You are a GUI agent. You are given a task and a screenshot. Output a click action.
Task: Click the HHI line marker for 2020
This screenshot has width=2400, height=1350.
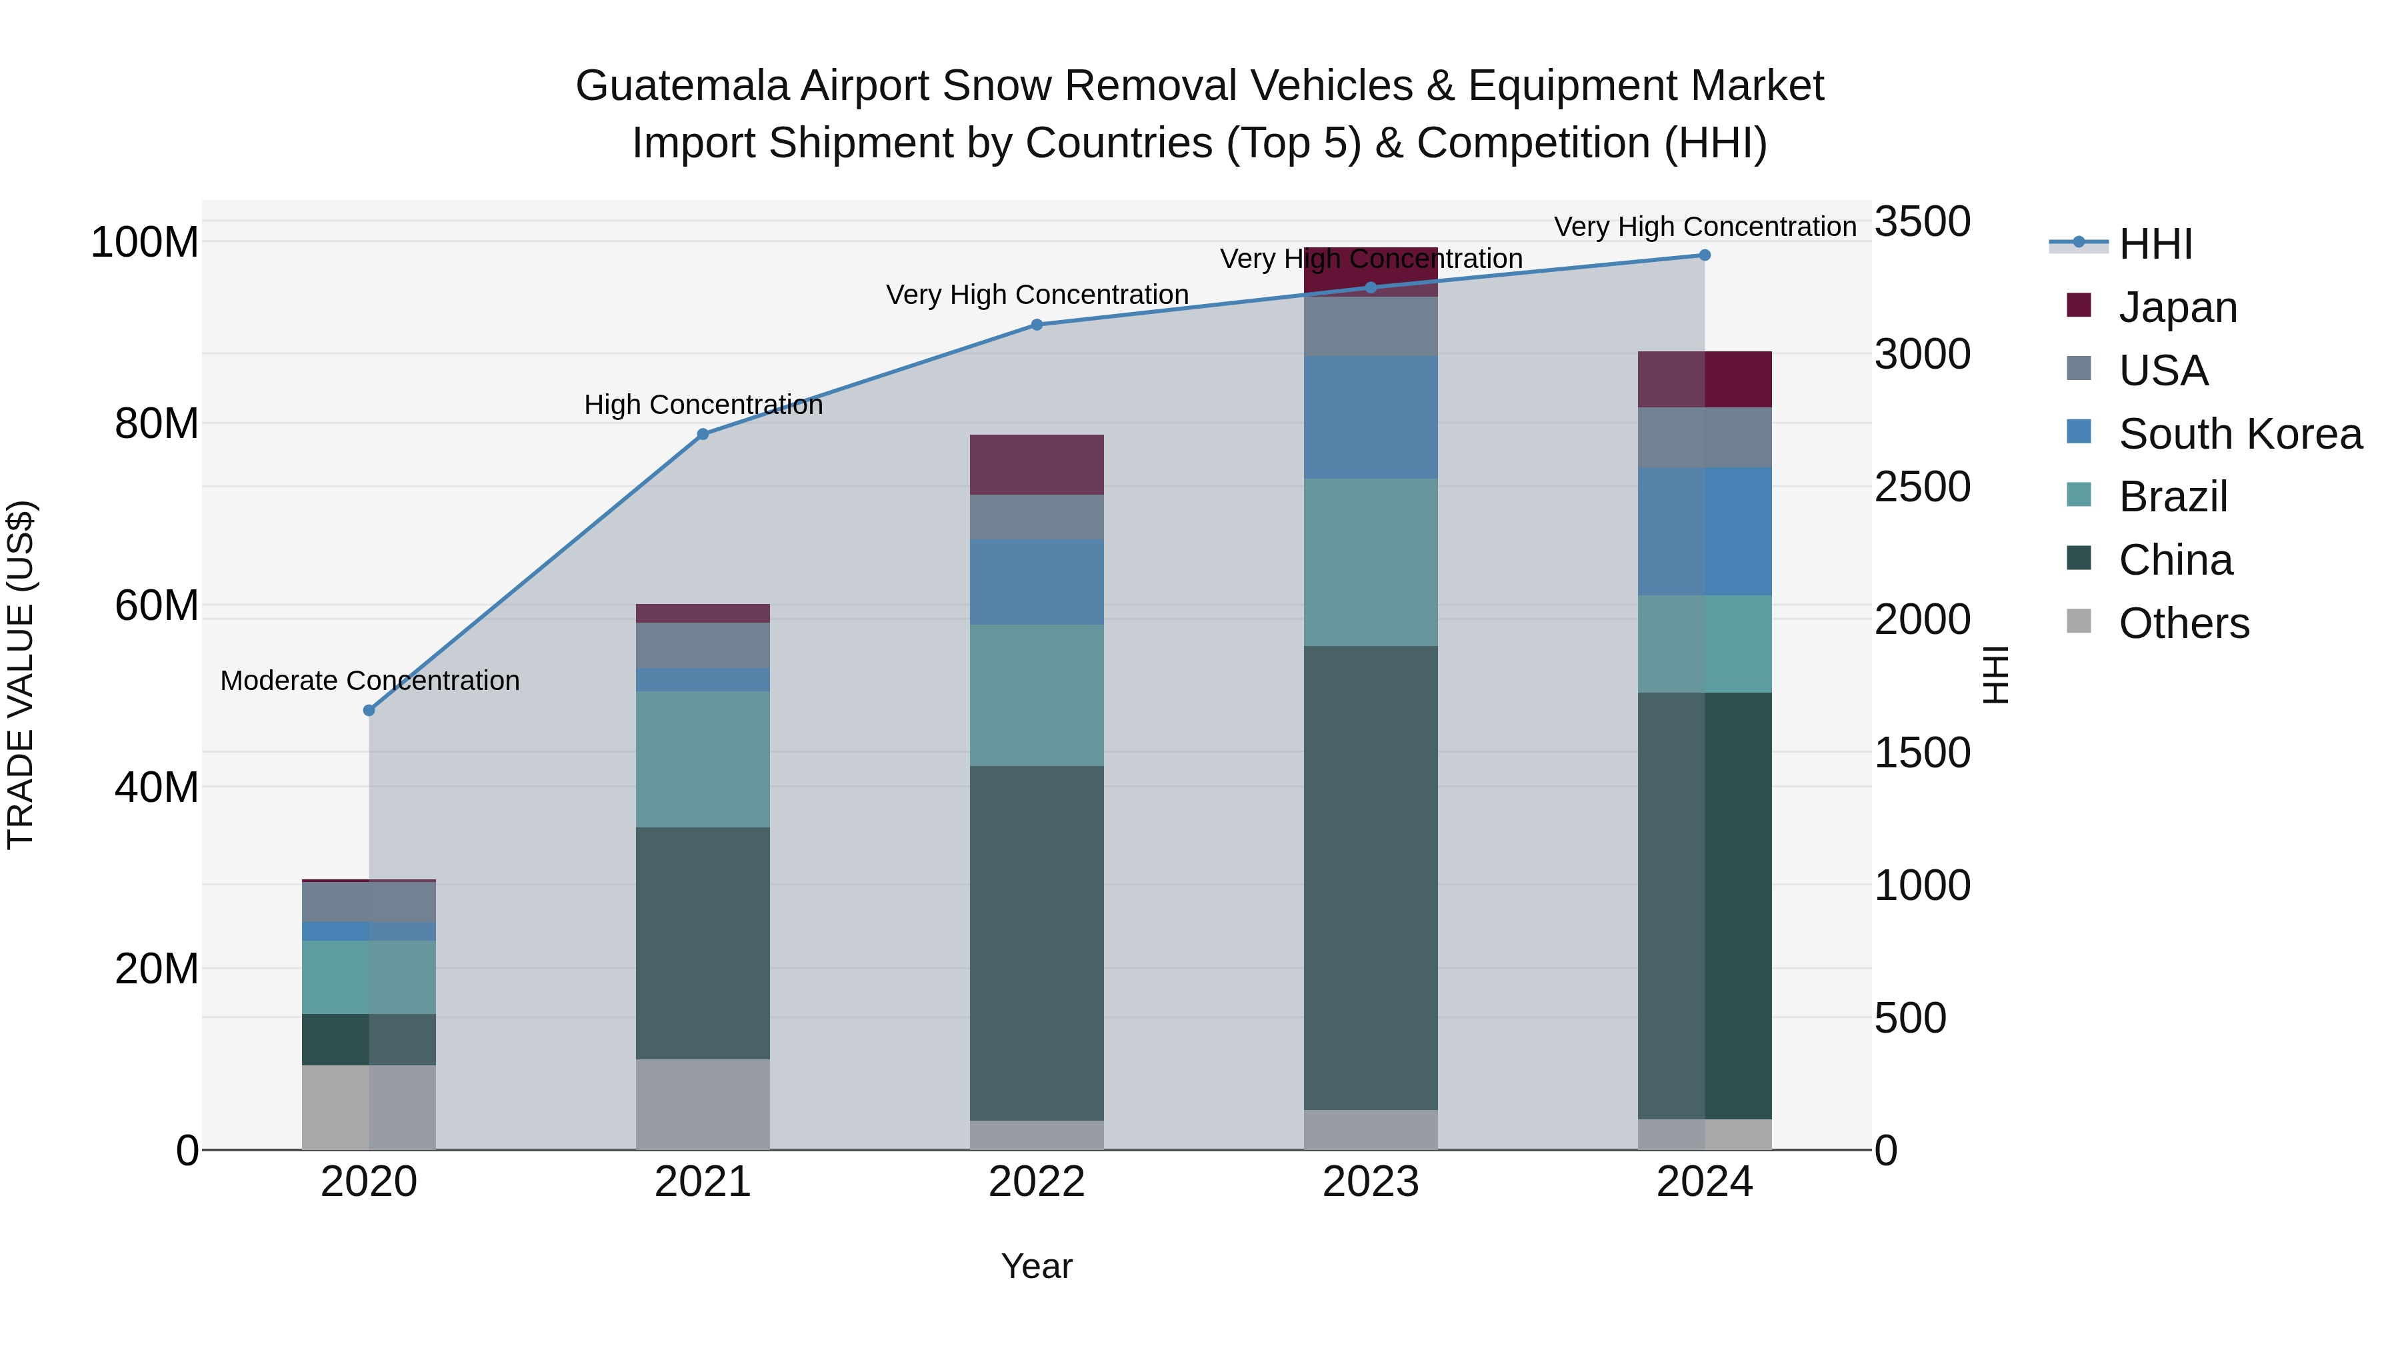pyautogui.click(x=369, y=711)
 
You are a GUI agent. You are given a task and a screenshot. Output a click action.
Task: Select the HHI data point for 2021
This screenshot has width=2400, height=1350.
pyautogui.click(x=703, y=434)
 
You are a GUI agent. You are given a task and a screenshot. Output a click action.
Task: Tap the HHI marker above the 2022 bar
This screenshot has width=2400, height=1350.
pyautogui.click(x=1037, y=325)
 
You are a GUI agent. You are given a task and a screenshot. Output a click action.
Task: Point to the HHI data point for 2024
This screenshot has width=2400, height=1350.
pyautogui.click(x=1705, y=255)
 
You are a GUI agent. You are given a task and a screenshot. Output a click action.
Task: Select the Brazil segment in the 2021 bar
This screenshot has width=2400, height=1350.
pyautogui.click(x=703, y=759)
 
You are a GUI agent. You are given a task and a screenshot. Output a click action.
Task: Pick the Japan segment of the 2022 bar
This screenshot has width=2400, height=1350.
pyautogui.click(x=1037, y=464)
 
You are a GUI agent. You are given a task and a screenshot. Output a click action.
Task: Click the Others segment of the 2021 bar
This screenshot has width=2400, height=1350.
pyautogui.click(x=703, y=1104)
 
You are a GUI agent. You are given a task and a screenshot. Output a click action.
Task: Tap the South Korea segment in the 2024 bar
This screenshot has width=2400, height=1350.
pyautogui.click(x=1705, y=531)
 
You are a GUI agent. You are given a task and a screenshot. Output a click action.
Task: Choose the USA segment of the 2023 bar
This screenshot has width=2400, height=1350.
pyautogui.click(x=1371, y=326)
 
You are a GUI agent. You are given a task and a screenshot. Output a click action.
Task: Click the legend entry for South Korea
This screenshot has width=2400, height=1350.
pyautogui.click(x=2240, y=434)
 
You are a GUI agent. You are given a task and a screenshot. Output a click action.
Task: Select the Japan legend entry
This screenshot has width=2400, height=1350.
pyautogui.click(x=2177, y=307)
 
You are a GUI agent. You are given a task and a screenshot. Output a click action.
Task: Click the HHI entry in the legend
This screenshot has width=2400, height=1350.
pyautogui.click(x=2155, y=244)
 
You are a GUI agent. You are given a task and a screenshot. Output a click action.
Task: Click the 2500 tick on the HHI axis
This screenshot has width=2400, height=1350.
pyautogui.click(x=1921, y=487)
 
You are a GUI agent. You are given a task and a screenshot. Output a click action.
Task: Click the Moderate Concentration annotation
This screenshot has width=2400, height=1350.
pyautogui.click(x=370, y=681)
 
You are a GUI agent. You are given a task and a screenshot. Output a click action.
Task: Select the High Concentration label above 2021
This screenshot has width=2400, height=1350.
pyautogui.click(x=703, y=405)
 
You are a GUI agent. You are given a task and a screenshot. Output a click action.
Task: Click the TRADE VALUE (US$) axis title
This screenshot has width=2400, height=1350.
pyautogui.click(x=21, y=675)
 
